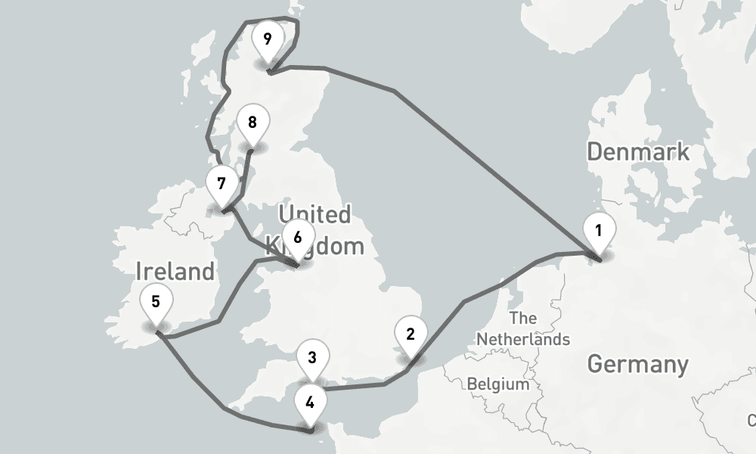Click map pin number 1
click(599, 230)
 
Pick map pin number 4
click(310, 402)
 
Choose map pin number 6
click(297, 238)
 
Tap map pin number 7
click(221, 184)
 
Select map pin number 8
click(252, 123)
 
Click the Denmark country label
click(638, 151)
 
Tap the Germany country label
click(637, 364)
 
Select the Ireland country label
click(175, 271)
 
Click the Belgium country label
click(498, 384)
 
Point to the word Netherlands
click(523, 339)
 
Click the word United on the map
click(314, 215)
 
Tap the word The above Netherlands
click(523, 318)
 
